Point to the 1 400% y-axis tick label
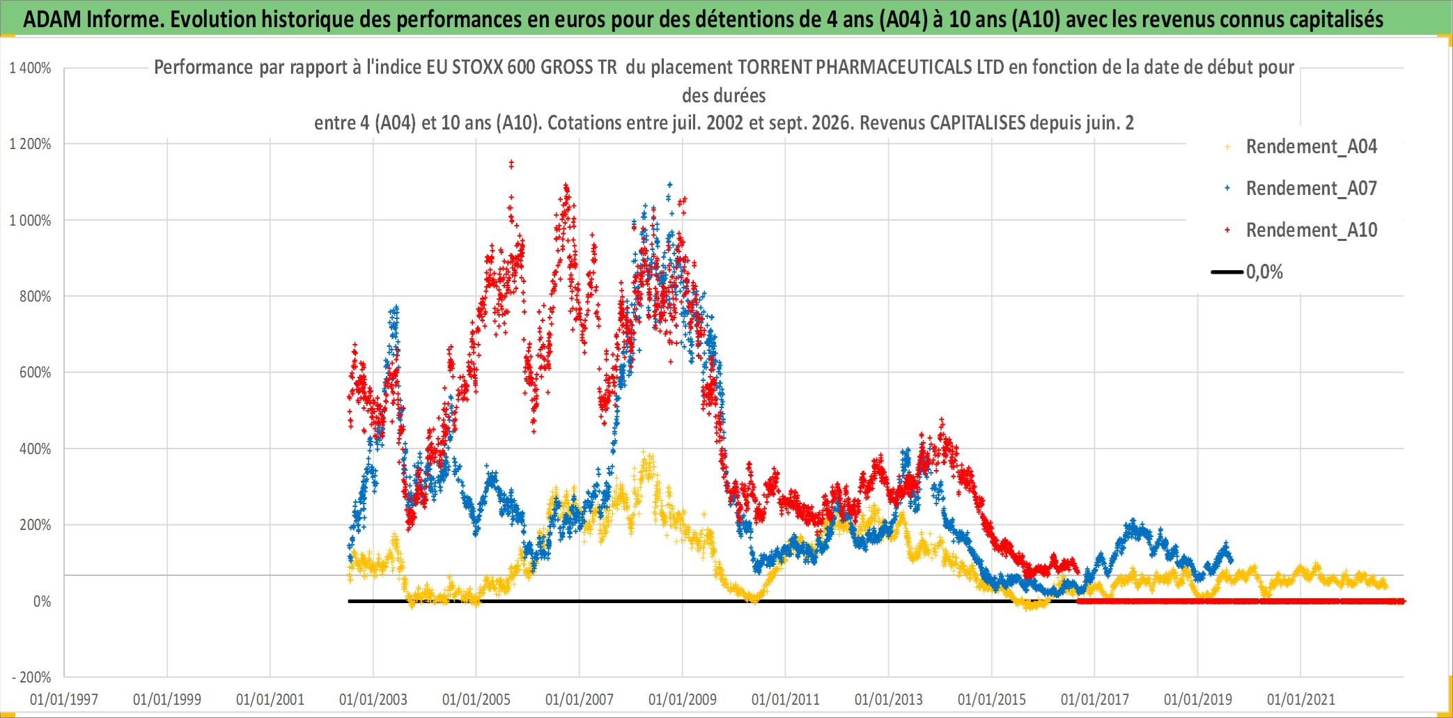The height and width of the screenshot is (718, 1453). click(x=30, y=68)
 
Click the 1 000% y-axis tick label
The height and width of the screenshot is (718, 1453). click(x=30, y=221)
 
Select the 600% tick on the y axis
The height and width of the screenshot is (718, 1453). click(x=36, y=373)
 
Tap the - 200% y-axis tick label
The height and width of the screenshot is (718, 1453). click(x=32, y=677)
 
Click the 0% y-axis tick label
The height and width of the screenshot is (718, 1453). click(x=42, y=601)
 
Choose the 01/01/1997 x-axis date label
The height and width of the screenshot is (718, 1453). click(x=64, y=699)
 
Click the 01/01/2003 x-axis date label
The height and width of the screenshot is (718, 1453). click(x=373, y=699)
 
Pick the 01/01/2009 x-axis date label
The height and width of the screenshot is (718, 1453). click(x=683, y=699)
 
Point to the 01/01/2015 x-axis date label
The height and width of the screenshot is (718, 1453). click(x=992, y=699)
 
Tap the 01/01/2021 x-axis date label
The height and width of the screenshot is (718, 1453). click(x=1301, y=699)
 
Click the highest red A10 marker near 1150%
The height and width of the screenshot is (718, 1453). click(x=511, y=164)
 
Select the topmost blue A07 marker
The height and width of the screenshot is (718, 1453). click(x=670, y=185)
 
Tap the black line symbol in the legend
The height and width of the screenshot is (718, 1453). click(x=1227, y=272)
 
